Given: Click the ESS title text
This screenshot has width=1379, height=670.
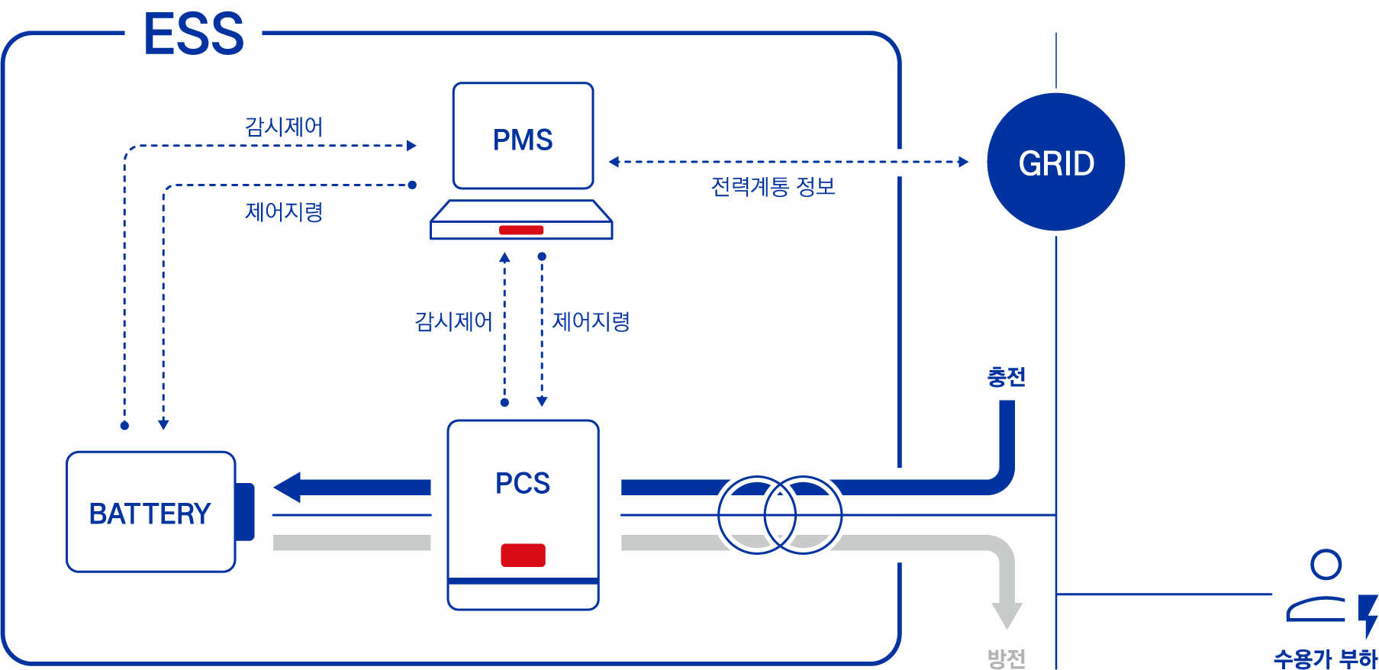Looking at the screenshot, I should point(194,34).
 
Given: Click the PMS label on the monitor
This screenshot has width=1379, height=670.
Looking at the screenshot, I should point(523,140).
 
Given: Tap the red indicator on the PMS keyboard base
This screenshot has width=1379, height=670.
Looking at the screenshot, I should point(521,230).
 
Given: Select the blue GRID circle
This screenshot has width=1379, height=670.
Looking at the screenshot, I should point(1055,163).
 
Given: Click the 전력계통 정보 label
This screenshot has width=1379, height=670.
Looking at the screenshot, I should point(772,187).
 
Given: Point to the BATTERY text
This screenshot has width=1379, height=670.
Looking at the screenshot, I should point(150,514).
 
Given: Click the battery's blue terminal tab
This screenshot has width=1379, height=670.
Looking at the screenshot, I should point(245,511).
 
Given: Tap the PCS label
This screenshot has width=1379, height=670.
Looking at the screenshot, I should point(523,483).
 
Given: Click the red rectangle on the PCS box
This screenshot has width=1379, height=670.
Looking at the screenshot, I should point(523,555).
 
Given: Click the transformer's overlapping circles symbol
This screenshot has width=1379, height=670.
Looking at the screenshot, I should point(779,515).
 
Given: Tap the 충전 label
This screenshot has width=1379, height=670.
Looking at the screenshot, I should point(1006,377).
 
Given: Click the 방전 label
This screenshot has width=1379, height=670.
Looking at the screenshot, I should point(1006,659).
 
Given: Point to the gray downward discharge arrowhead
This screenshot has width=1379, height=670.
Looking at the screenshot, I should point(1007,615).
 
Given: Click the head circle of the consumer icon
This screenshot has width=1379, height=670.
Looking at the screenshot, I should point(1326,565).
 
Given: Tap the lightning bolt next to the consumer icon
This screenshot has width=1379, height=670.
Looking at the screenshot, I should point(1368,615).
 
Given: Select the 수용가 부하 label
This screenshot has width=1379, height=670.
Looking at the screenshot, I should point(1325,659).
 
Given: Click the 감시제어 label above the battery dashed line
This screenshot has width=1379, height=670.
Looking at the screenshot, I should point(284,127).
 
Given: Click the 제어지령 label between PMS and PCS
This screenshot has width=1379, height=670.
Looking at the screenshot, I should point(591,321).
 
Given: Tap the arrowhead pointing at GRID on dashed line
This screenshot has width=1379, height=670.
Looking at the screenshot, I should point(963,162).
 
